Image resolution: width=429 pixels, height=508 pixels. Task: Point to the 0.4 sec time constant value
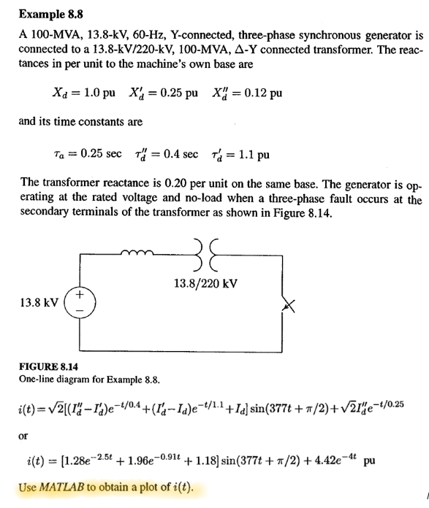pyautogui.click(x=180, y=154)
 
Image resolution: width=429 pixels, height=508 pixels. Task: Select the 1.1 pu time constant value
pyautogui.click(x=254, y=154)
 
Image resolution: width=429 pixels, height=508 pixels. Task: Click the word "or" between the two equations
pyautogui.click(x=24, y=436)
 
